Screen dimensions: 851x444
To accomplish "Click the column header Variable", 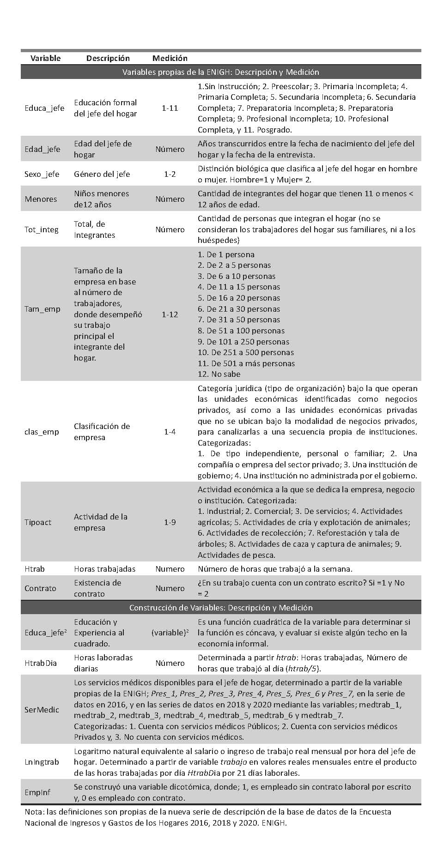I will [x=45, y=58].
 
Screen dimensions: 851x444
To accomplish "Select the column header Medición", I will [x=170, y=58].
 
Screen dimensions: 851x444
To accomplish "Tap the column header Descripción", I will [x=108, y=58].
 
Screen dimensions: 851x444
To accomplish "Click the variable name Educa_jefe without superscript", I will [x=44, y=108].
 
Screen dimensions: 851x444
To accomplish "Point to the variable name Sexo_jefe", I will [x=42, y=174].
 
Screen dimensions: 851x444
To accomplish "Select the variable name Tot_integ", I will [x=42, y=229].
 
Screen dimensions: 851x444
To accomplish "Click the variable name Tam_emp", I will [x=43, y=309].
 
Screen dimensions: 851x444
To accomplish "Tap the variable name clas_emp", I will [x=42, y=432].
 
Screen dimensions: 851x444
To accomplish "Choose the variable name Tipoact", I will [x=38, y=522].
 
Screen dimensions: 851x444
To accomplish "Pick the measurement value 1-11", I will [x=170, y=108].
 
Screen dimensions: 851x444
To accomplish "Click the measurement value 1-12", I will [x=170, y=314].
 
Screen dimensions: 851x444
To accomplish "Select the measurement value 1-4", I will [x=170, y=432].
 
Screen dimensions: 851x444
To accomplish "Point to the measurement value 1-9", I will [x=170, y=522].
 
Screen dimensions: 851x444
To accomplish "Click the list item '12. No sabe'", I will [x=219, y=374].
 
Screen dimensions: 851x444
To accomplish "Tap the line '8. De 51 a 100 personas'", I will [x=241, y=331].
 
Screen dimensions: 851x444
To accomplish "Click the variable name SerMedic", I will [x=42, y=710].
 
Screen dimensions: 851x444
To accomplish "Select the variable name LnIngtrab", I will [x=42, y=762].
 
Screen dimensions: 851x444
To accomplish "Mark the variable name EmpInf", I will [x=37, y=792].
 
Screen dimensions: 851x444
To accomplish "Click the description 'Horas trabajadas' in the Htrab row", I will [x=105, y=569].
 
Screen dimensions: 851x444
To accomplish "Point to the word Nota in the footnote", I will [x=34, y=812].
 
